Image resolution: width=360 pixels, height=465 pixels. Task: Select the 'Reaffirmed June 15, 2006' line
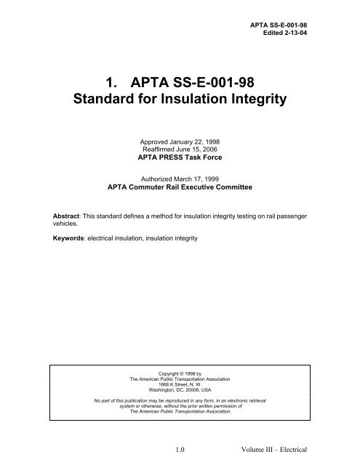click(x=179, y=153)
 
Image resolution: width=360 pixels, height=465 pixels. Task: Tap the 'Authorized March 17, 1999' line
click(x=179, y=183)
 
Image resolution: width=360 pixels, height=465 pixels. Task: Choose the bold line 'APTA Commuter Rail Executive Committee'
click(x=179, y=193)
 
